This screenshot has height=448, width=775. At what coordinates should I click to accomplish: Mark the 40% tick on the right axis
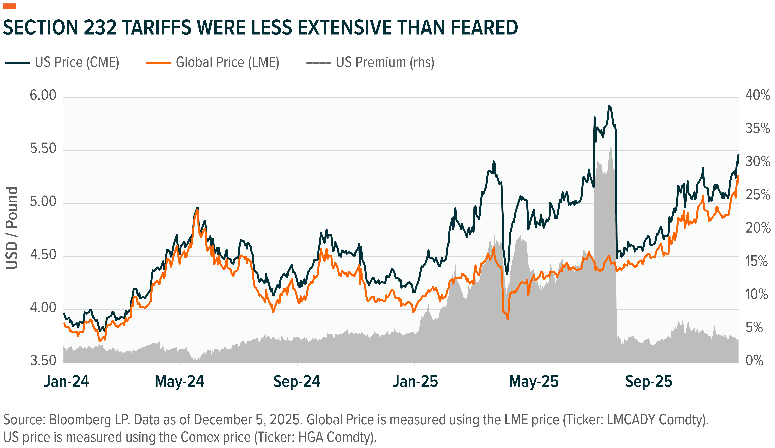(757, 95)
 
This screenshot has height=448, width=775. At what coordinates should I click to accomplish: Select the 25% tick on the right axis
(757, 195)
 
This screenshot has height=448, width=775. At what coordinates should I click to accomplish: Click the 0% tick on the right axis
(754, 360)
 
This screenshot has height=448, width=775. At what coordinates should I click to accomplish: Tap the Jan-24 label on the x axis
(66, 382)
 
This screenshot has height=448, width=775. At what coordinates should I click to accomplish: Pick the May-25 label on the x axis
(534, 382)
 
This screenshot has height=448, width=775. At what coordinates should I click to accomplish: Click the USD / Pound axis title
(12, 228)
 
